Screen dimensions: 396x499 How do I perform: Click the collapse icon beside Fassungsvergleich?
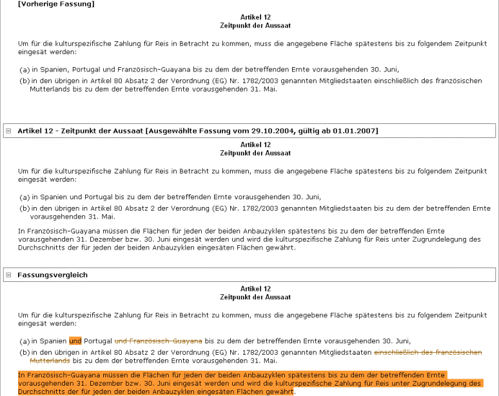(8, 275)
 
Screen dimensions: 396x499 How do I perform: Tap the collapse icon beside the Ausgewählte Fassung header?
(8, 131)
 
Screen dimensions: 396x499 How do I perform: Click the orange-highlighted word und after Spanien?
(75, 341)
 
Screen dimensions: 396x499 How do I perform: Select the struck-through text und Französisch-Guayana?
(158, 341)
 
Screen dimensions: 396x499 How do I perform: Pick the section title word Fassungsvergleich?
(53, 275)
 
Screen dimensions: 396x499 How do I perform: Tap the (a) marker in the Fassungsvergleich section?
(24, 341)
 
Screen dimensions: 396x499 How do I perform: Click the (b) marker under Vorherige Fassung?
(24, 81)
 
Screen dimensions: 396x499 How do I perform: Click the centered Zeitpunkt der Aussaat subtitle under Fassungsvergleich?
(255, 297)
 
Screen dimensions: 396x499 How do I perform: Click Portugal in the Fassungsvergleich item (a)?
(98, 341)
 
